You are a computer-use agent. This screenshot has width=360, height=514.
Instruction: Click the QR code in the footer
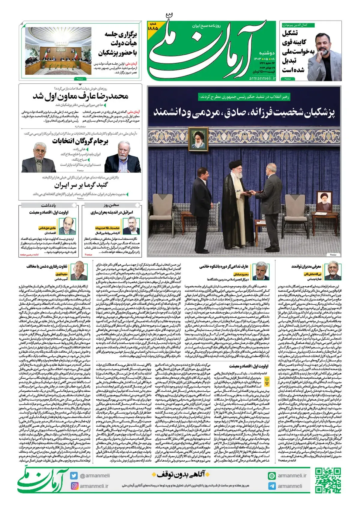tap(328, 480)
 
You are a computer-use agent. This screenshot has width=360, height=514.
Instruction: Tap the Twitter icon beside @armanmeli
tap(74, 476)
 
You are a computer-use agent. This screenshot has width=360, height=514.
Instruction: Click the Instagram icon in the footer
tap(74, 486)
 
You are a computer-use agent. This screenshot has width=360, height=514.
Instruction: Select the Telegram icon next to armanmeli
tap(272, 486)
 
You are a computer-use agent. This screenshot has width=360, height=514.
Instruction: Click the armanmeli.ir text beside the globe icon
tap(292, 476)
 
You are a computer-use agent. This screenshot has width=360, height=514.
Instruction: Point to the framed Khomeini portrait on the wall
tap(198, 138)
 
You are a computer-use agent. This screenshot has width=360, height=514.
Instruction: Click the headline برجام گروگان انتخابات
tap(80, 141)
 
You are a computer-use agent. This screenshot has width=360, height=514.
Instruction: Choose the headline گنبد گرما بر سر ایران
tap(81, 185)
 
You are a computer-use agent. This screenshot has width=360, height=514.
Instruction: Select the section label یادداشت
tap(48, 205)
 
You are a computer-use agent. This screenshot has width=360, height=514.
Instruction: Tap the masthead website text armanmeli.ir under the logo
tap(262, 78)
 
